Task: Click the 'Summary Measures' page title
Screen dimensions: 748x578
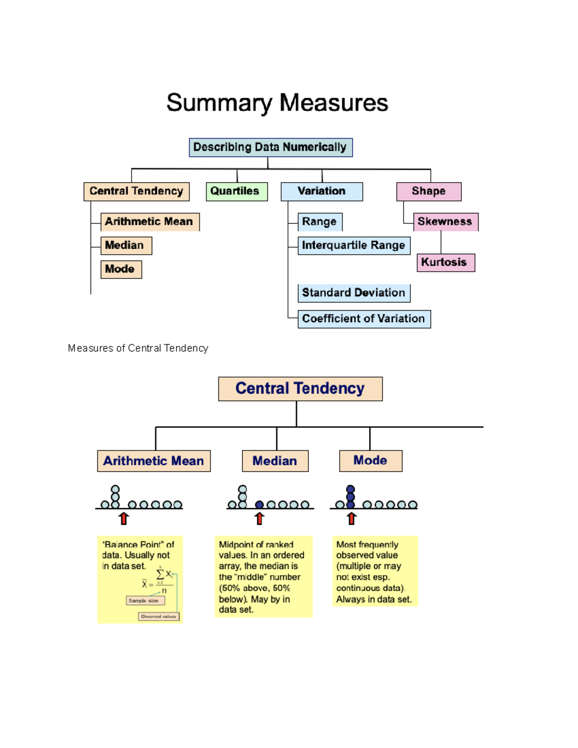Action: [277, 103]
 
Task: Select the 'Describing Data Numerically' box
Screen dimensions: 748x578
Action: [271, 147]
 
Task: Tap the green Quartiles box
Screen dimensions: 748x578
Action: [236, 191]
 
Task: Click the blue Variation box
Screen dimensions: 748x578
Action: [322, 191]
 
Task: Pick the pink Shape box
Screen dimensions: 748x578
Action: [429, 191]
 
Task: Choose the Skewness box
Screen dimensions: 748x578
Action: [446, 222]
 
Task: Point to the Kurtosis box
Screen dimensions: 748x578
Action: [446, 262]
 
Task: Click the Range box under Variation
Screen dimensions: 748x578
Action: [320, 222]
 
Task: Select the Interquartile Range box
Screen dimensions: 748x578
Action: [354, 246]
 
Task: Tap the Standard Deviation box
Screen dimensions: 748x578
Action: [354, 293]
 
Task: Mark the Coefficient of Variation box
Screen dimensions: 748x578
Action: [364, 319]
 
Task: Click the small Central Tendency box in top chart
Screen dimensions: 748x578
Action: [136, 191]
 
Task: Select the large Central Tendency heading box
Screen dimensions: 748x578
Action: [300, 389]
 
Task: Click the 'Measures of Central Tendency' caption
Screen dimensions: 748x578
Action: [138, 348]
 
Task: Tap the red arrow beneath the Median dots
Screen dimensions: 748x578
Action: [260, 519]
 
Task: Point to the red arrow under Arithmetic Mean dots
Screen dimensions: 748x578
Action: [124, 519]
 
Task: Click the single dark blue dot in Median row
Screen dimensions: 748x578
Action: [260, 505]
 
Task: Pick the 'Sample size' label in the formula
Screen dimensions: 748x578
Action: [145, 601]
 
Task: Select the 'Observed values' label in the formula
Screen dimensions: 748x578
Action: [158, 617]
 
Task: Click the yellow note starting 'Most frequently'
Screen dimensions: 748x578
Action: [375, 572]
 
